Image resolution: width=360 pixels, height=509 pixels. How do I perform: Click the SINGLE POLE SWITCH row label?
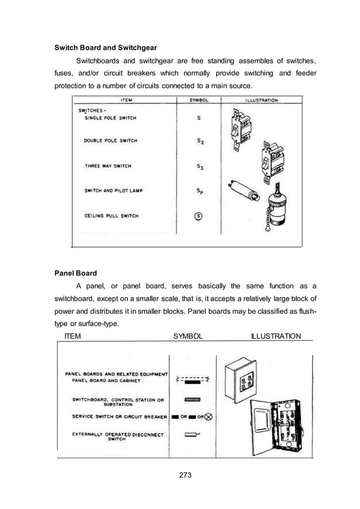110,118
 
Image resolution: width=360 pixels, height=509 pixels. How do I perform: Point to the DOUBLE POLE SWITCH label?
111,141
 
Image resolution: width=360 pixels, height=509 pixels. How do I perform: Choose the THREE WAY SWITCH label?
108,166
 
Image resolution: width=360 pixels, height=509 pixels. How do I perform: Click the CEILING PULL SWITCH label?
111,216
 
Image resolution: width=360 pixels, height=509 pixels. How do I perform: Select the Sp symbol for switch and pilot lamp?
200,191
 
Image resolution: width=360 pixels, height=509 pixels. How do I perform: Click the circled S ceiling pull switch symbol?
200,216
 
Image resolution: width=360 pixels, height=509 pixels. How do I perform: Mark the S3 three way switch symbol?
200,166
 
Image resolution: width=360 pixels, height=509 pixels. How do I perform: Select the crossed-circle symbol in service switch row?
208,417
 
